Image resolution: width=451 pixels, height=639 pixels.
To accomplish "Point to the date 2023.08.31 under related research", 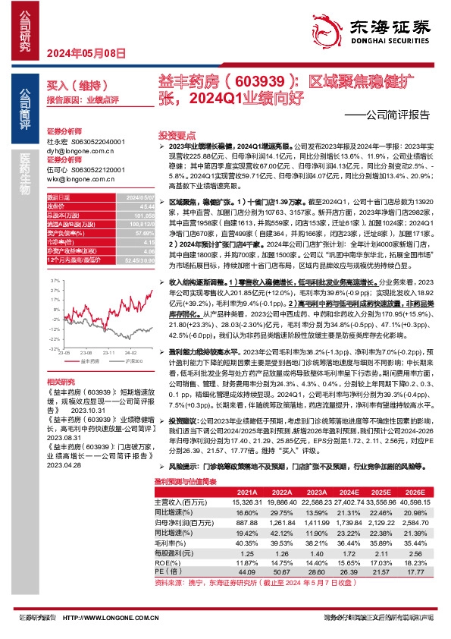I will pos(63,437).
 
